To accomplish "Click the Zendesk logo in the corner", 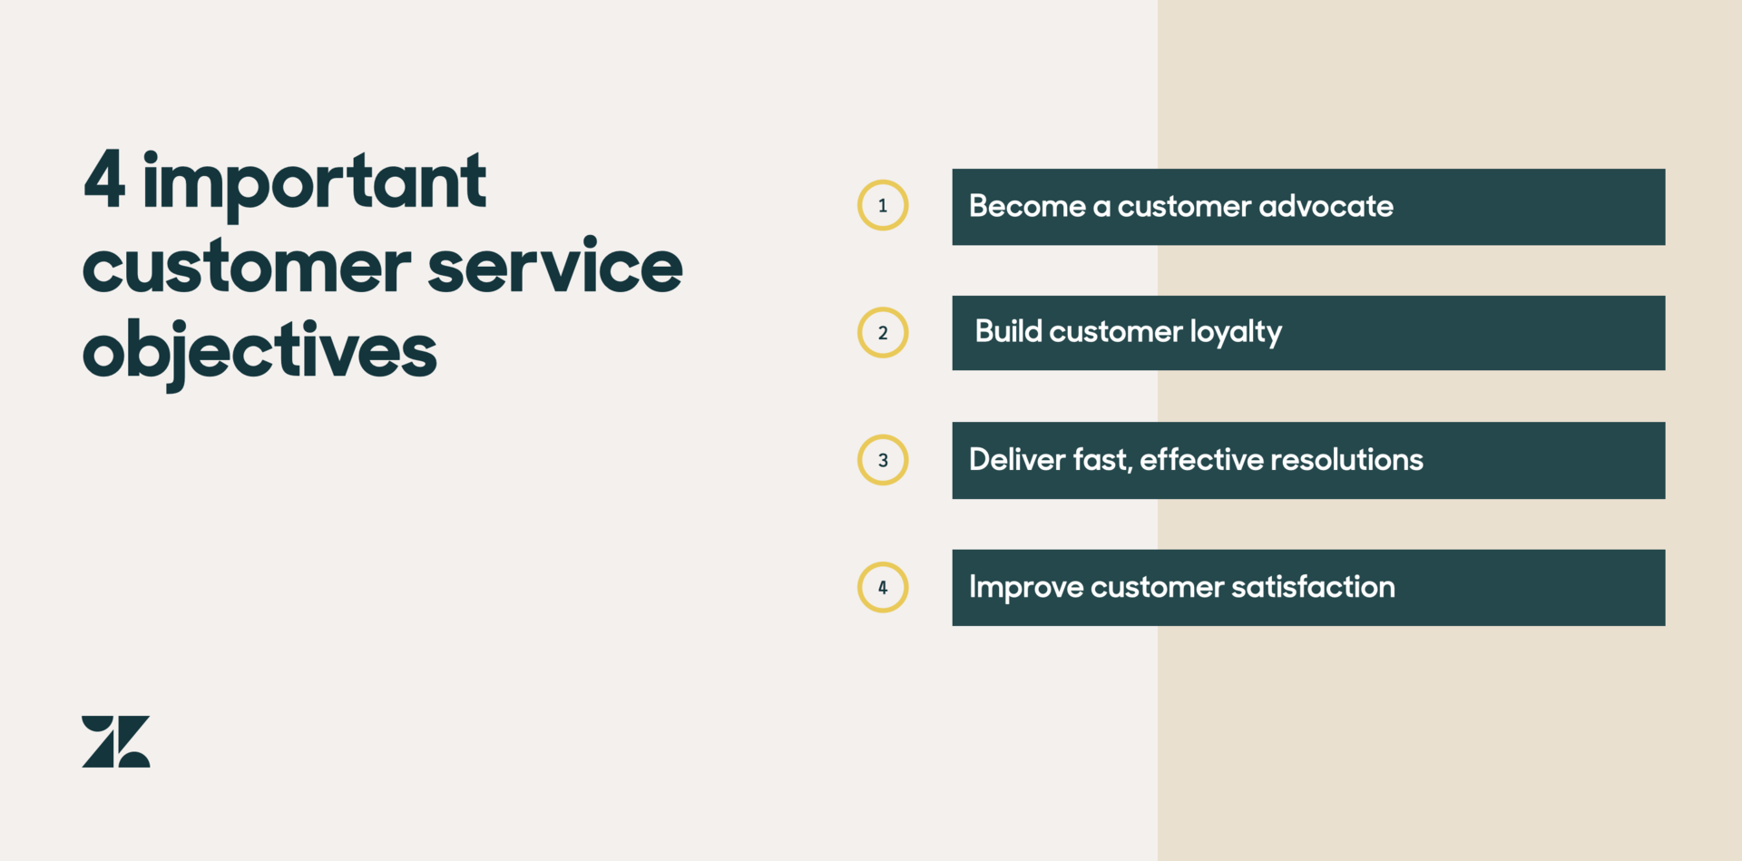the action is point(116,741).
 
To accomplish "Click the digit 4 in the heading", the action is point(104,181).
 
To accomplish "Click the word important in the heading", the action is point(315,185).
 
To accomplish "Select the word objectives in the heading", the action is point(259,352).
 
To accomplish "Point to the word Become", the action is point(1027,206).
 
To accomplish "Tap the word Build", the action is point(1008,331).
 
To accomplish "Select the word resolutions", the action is point(1346,459).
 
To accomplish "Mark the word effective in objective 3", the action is point(1202,459).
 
